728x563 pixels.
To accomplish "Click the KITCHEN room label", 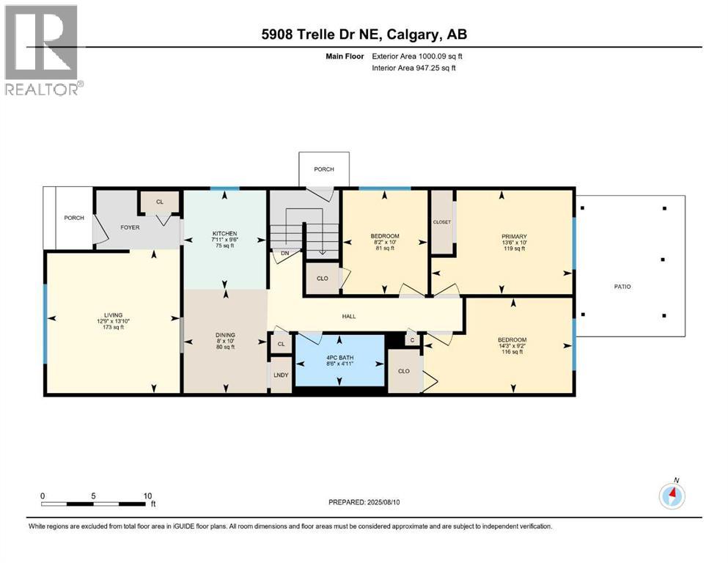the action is [x=225, y=233].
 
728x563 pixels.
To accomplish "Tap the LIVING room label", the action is [x=114, y=314].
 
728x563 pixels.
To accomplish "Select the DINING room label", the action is [x=225, y=334].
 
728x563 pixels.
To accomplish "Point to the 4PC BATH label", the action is [x=340, y=358].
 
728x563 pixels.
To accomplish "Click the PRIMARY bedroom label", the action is [x=514, y=236].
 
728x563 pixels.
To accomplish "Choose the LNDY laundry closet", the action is [x=281, y=375].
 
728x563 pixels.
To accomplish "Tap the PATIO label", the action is [x=622, y=287].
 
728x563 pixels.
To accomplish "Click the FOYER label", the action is [x=130, y=227].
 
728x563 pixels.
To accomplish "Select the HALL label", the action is [x=349, y=316].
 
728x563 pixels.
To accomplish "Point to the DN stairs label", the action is [x=284, y=253].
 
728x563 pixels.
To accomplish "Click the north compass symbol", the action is [x=672, y=496].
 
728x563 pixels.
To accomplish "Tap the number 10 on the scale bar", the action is [x=147, y=496].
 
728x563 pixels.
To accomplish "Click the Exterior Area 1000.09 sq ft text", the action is [x=417, y=56].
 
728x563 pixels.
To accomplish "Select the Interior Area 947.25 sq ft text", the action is [x=413, y=67].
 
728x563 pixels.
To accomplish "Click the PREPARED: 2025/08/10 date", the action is [x=364, y=502].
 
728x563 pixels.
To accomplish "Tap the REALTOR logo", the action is [x=43, y=50].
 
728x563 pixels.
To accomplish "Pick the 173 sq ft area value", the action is [x=114, y=327].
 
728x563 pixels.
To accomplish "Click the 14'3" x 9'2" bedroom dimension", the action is [x=512, y=346].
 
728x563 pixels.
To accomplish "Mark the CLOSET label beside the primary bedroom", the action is [x=441, y=222].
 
